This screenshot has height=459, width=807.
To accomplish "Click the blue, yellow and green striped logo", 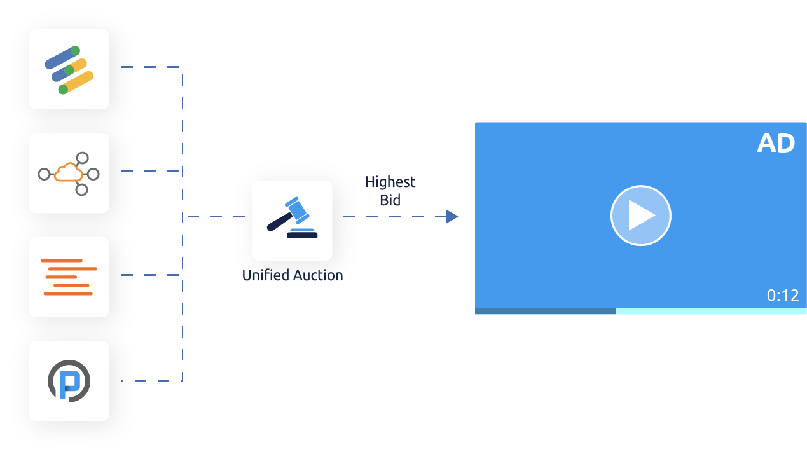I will tap(69, 69).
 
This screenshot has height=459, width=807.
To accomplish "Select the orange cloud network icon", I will tap(69, 172).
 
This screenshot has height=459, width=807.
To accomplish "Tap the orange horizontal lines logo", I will tap(69, 277).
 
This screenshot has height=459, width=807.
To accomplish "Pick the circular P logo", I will tap(69, 381).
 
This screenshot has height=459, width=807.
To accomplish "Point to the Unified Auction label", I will tap(293, 275).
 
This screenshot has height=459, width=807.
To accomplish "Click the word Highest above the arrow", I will tap(390, 182).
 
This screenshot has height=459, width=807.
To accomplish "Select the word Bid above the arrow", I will tap(390, 200).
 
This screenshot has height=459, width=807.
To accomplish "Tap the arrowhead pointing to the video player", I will tap(452, 216).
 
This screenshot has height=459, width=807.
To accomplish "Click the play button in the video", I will tap(640, 216).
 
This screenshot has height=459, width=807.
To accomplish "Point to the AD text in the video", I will tap(776, 144).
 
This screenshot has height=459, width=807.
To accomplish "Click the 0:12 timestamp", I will tap(782, 296).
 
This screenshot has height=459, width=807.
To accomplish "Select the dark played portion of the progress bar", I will tap(545, 311).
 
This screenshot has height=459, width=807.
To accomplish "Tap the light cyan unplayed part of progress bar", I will tap(711, 311).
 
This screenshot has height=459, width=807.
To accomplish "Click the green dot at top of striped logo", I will tap(75, 51).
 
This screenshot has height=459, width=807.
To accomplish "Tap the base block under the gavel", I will tap(302, 235).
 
